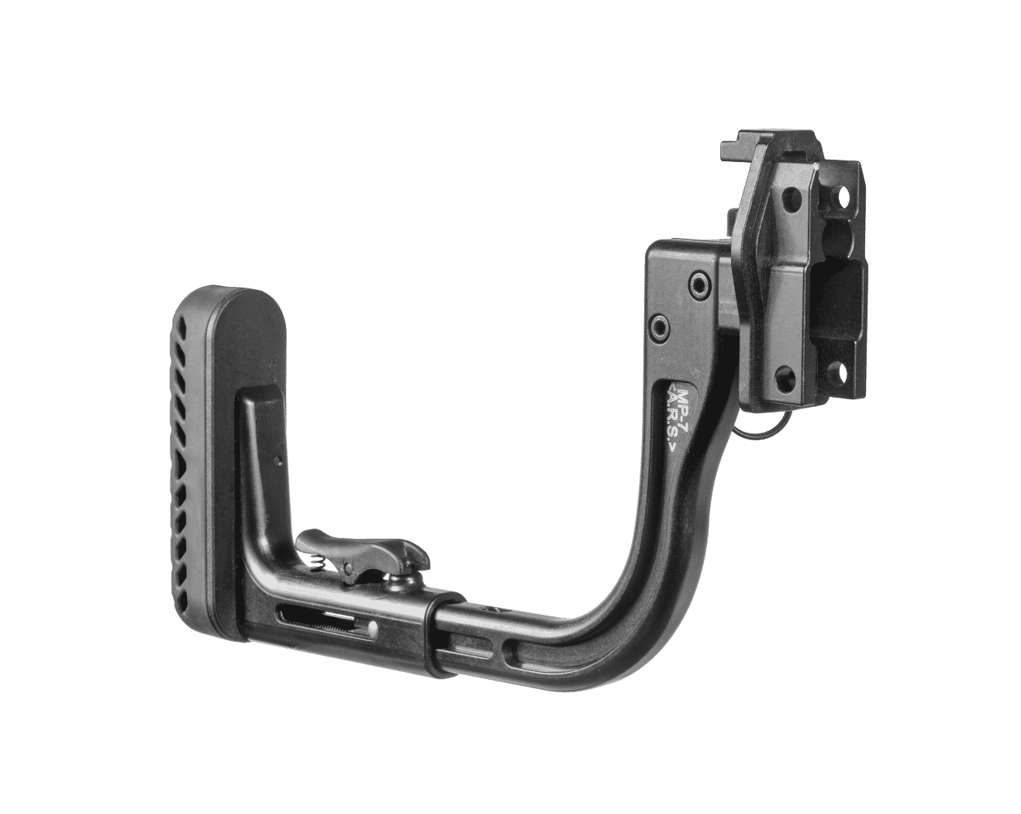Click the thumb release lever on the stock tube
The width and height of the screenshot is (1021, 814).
click(x=361, y=550)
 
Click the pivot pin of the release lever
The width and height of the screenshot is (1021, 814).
click(x=350, y=567)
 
